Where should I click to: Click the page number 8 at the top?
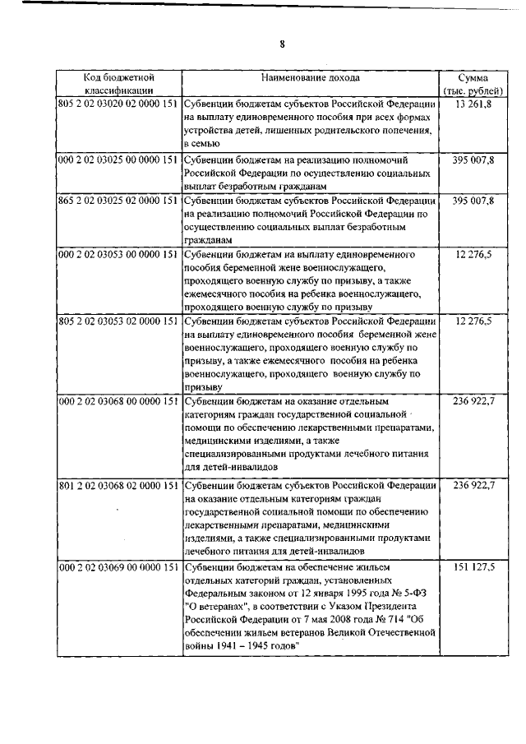(281, 44)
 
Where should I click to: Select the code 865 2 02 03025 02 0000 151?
(118, 201)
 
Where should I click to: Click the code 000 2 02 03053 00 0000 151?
(118, 255)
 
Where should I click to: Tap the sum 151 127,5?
(473, 567)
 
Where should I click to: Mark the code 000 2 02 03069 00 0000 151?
(118, 567)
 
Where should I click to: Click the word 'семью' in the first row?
(202, 143)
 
